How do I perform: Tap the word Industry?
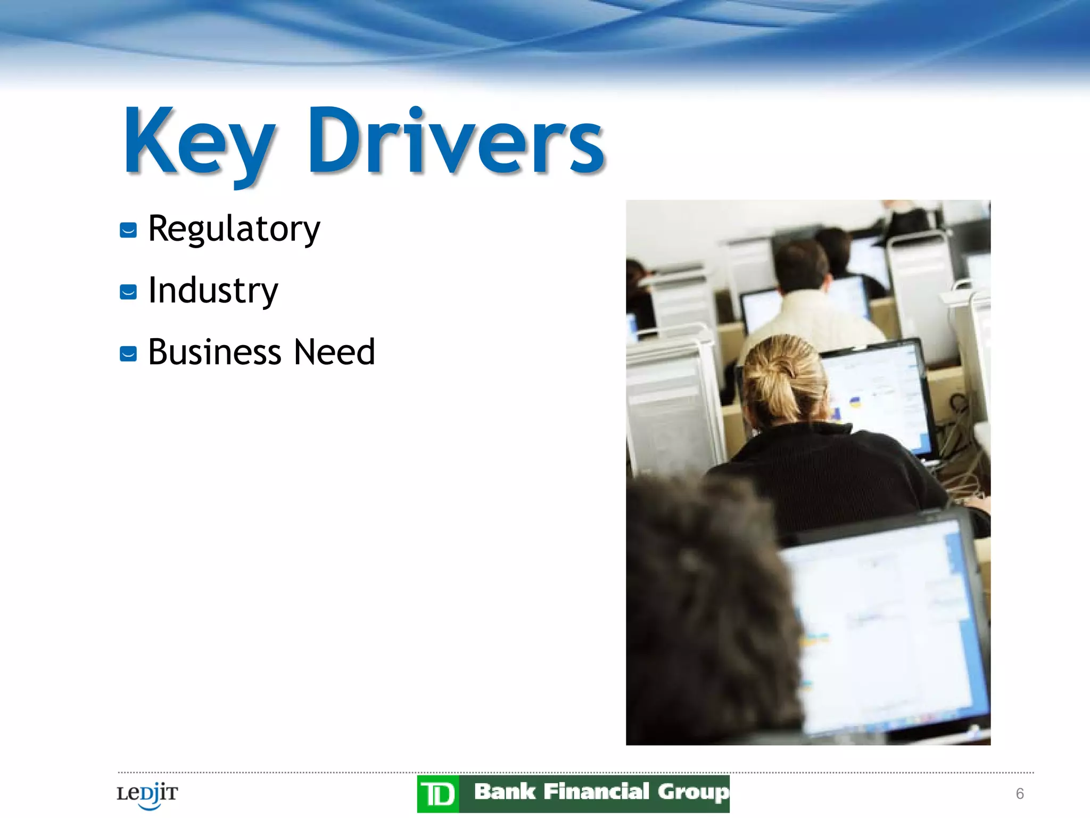click(x=213, y=291)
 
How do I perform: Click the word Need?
click(x=335, y=353)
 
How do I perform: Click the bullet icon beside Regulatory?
click(x=128, y=231)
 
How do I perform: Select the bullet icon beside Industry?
click(x=128, y=292)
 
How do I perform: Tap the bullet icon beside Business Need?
click(x=128, y=354)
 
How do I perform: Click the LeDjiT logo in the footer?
click(x=147, y=795)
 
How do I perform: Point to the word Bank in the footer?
click(x=504, y=792)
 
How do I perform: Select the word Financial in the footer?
click(x=596, y=792)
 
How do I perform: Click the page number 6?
click(x=1020, y=794)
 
